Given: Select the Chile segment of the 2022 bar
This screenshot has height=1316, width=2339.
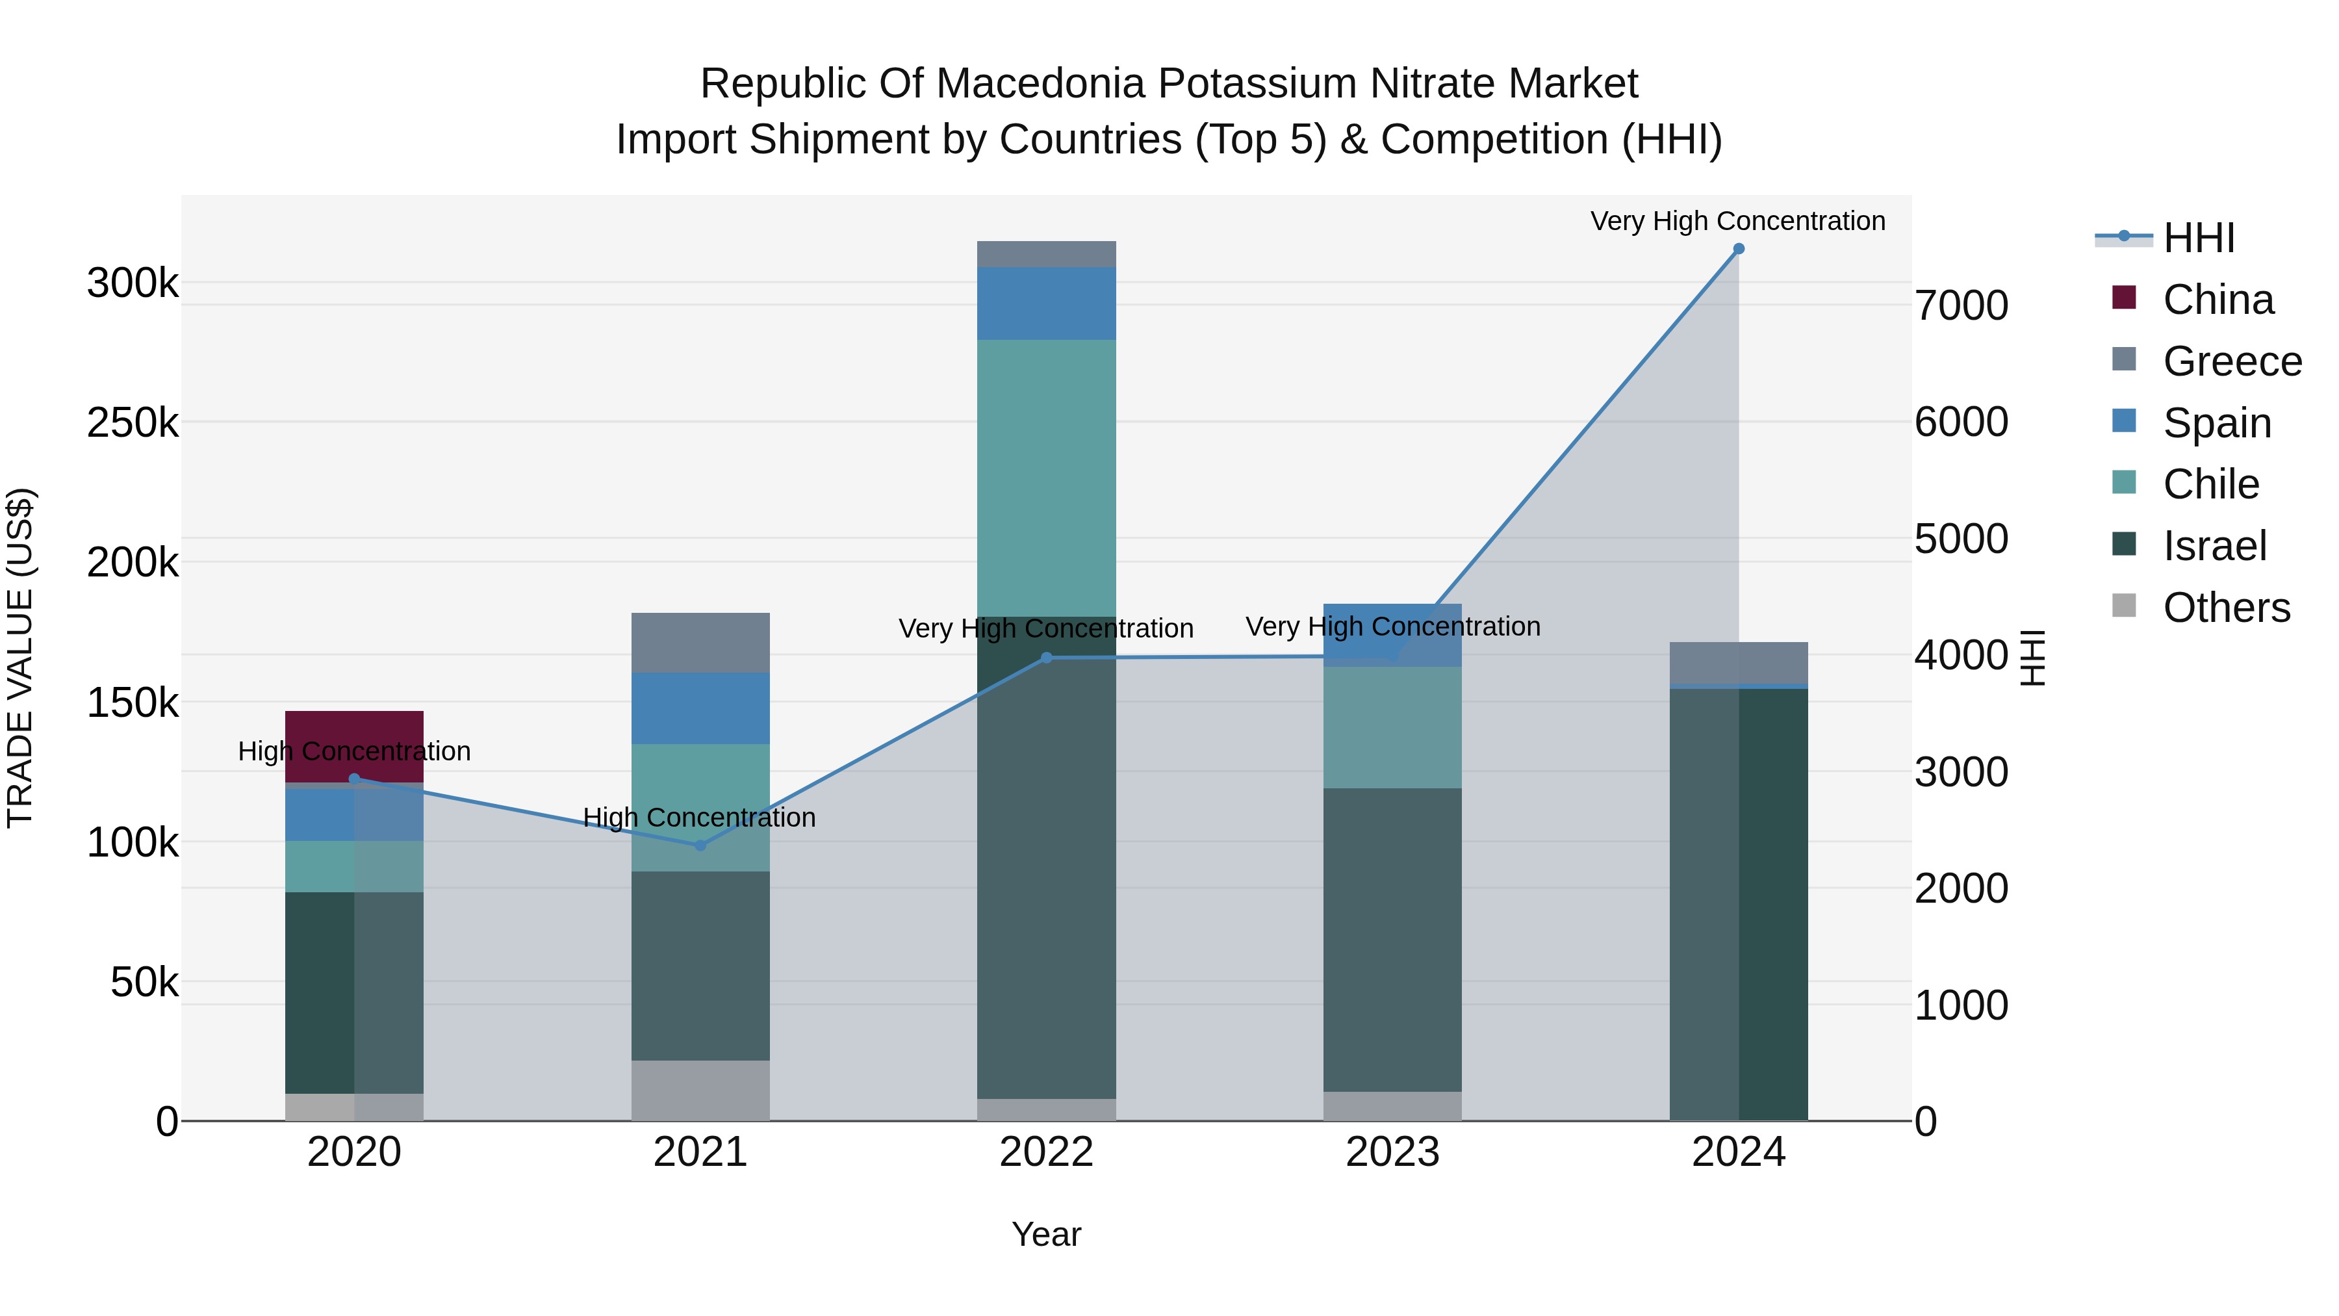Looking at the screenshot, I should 1046,478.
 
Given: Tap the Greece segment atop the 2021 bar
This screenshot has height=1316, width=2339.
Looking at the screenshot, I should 700,642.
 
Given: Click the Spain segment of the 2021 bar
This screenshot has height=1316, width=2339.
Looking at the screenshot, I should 700,708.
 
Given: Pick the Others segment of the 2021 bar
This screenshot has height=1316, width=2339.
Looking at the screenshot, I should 700,1090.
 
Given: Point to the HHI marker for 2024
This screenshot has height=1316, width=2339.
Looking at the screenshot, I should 1738,249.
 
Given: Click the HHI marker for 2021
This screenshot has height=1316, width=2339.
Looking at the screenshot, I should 700,845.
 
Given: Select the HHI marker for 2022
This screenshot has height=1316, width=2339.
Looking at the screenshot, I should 1046,658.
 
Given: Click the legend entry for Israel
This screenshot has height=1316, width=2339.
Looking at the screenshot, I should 2214,546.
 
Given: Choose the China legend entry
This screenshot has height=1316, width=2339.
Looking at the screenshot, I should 2218,300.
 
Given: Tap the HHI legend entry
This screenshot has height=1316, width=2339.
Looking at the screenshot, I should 2197,238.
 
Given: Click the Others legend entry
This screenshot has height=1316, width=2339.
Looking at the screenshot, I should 2225,608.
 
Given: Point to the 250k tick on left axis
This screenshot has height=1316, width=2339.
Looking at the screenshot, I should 133,422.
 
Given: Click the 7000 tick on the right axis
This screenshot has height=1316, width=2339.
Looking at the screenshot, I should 1962,305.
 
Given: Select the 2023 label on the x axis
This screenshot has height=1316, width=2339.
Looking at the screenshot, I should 1392,1152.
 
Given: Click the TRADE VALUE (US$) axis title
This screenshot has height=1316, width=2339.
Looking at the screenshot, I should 20,658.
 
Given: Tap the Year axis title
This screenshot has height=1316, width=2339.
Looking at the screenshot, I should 1046,1234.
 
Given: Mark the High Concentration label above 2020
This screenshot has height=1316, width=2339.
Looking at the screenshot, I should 354,751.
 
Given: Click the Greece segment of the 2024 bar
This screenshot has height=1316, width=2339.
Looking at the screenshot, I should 1738,662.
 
